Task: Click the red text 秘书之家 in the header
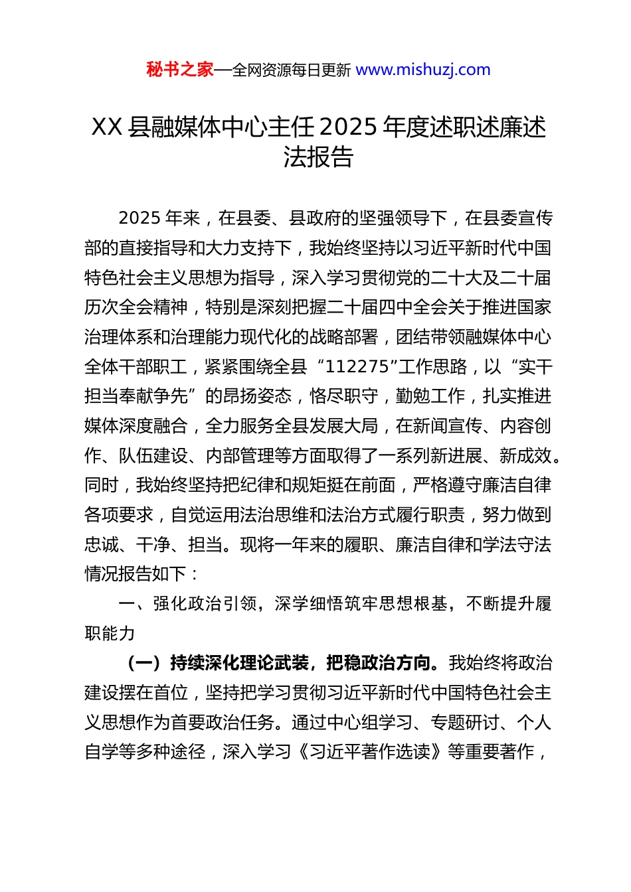tap(180, 70)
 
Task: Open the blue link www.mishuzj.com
tap(423, 70)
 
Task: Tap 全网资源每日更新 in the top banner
tap(292, 70)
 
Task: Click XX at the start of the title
tap(107, 127)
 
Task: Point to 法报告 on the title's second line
tap(318, 157)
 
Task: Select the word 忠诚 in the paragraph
tap(102, 545)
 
